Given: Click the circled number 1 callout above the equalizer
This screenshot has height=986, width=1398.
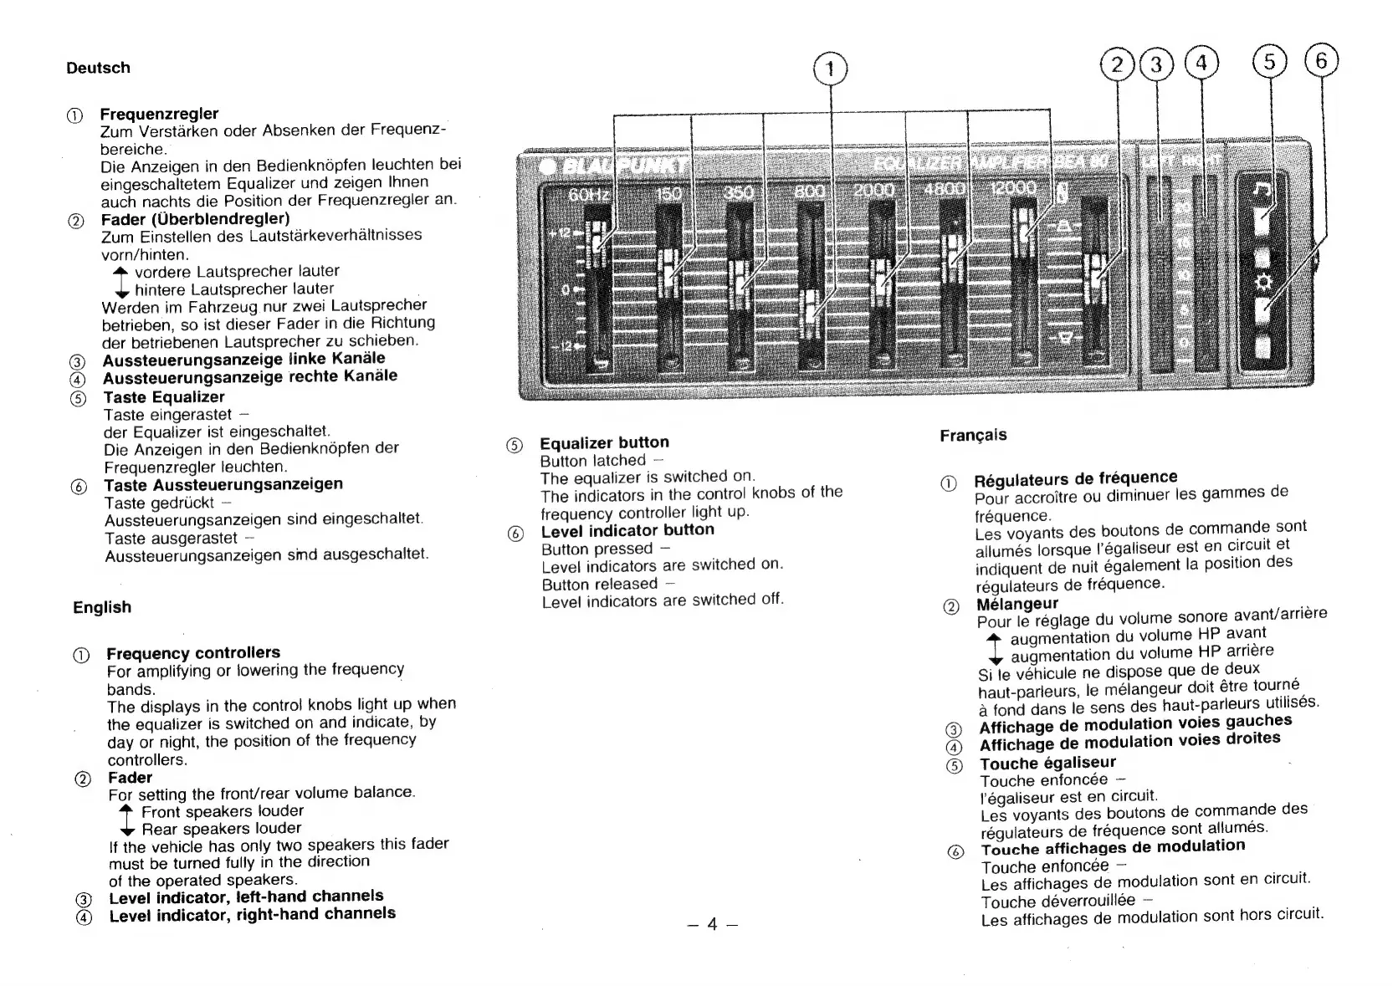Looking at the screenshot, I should tap(830, 70).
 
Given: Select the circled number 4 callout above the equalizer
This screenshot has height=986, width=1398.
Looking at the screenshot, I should tap(1201, 64).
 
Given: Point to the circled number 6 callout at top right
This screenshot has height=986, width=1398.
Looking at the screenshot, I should tap(1321, 61).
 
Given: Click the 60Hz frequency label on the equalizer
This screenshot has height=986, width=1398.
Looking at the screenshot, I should tap(589, 195).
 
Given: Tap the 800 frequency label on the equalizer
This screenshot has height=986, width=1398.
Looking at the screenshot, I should tap(809, 192).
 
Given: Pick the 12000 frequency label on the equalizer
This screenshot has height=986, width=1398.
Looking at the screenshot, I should tap(1012, 189).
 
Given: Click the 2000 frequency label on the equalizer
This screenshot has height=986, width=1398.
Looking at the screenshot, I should tap(874, 191).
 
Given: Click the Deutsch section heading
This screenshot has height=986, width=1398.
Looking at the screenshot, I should tap(98, 68).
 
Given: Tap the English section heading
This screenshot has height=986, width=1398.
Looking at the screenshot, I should tap(102, 607).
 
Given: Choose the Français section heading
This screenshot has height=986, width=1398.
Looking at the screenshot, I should tap(973, 435).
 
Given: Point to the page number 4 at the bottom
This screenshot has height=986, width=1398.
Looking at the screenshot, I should tap(711, 923).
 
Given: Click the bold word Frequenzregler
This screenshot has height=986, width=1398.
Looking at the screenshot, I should tap(159, 114).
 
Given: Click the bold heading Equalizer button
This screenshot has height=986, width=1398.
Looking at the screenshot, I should tap(604, 442).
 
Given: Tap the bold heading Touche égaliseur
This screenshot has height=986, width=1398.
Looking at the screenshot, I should tap(1047, 763).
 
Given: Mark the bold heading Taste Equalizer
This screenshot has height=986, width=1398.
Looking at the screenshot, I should tap(163, 397).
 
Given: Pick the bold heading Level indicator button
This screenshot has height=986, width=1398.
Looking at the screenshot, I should tap(627, 530).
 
